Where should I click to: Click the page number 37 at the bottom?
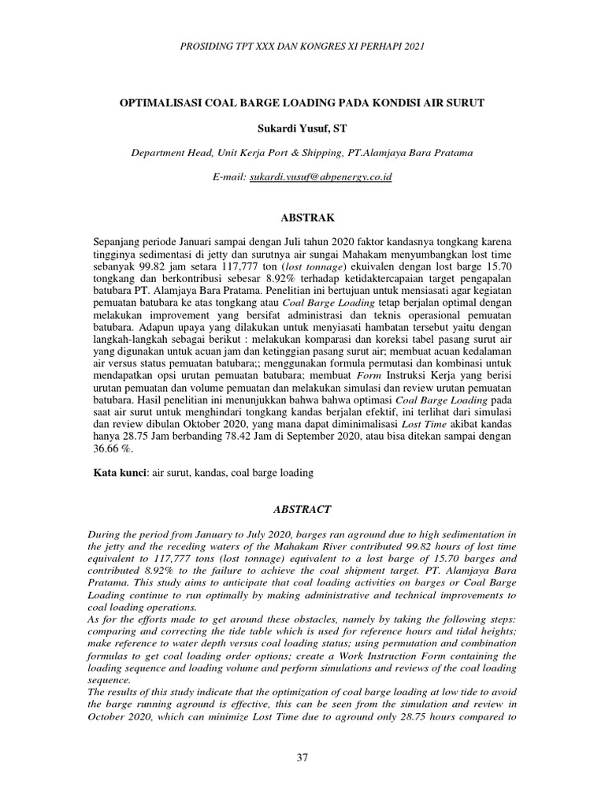point(302,757)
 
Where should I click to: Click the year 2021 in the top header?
point(411,46)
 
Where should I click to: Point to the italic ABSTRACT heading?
point(302,509)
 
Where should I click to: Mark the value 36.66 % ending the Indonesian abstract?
point(114,449)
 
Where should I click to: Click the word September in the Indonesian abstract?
point(347,437)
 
